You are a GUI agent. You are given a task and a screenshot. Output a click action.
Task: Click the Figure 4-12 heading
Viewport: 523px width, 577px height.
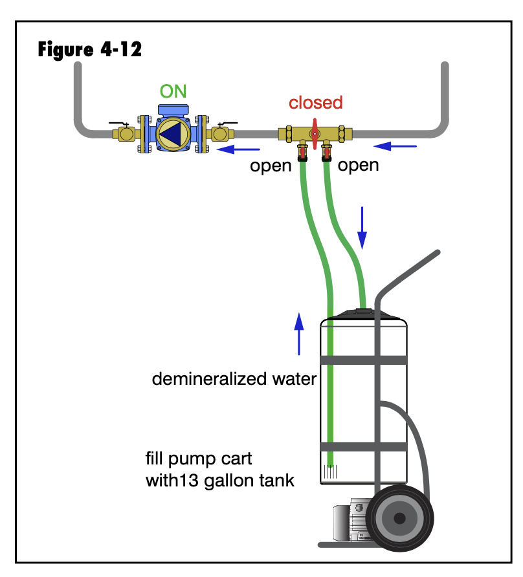coord(90,49)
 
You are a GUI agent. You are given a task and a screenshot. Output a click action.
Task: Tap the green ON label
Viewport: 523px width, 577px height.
coord(173,91)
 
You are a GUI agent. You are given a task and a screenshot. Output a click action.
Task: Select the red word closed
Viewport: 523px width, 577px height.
coord(315,103)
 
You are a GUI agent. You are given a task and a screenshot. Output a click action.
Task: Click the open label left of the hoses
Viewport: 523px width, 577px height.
coord(271,166)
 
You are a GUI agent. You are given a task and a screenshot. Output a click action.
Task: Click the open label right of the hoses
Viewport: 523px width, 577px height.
coord(359,166)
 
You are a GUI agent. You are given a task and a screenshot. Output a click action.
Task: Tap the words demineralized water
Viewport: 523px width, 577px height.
coord(234,379)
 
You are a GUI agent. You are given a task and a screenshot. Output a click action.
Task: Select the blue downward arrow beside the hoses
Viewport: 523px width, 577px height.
coord(362,227)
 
